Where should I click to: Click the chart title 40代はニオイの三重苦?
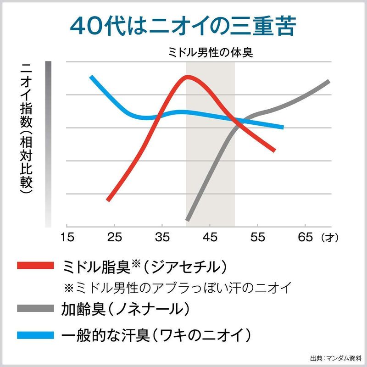pyautogui.click(x=183, y=27)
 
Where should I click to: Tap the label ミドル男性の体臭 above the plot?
pyautogui.click(x=211, y=52)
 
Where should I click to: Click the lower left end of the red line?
pyautogui.click(x=108, y=200)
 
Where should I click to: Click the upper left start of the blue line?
pyautogui.click(x=91, y=77)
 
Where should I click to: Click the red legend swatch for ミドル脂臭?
pyautogui.click(x=37, y=266)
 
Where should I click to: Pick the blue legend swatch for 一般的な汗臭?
pyautogui.click(x=37, y=334)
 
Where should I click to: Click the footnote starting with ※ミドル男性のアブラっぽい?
pyautogui.click(x=178, y=288)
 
